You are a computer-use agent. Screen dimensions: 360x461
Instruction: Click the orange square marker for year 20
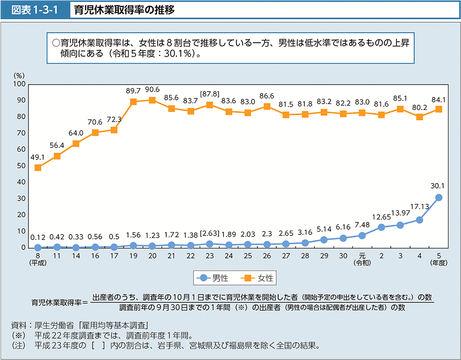pos(152,100)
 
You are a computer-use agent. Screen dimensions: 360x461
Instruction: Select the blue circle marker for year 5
pos(439,197)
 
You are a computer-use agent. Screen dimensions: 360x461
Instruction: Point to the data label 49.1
pos(38,157)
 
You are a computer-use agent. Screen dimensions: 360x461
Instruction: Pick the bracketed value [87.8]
pos(209,94)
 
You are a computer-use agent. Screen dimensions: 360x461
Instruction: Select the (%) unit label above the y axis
pos(19,76)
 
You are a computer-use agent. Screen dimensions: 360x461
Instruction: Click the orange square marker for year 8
pos(38,168)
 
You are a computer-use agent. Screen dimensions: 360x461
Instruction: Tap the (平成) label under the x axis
pos(38,263)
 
